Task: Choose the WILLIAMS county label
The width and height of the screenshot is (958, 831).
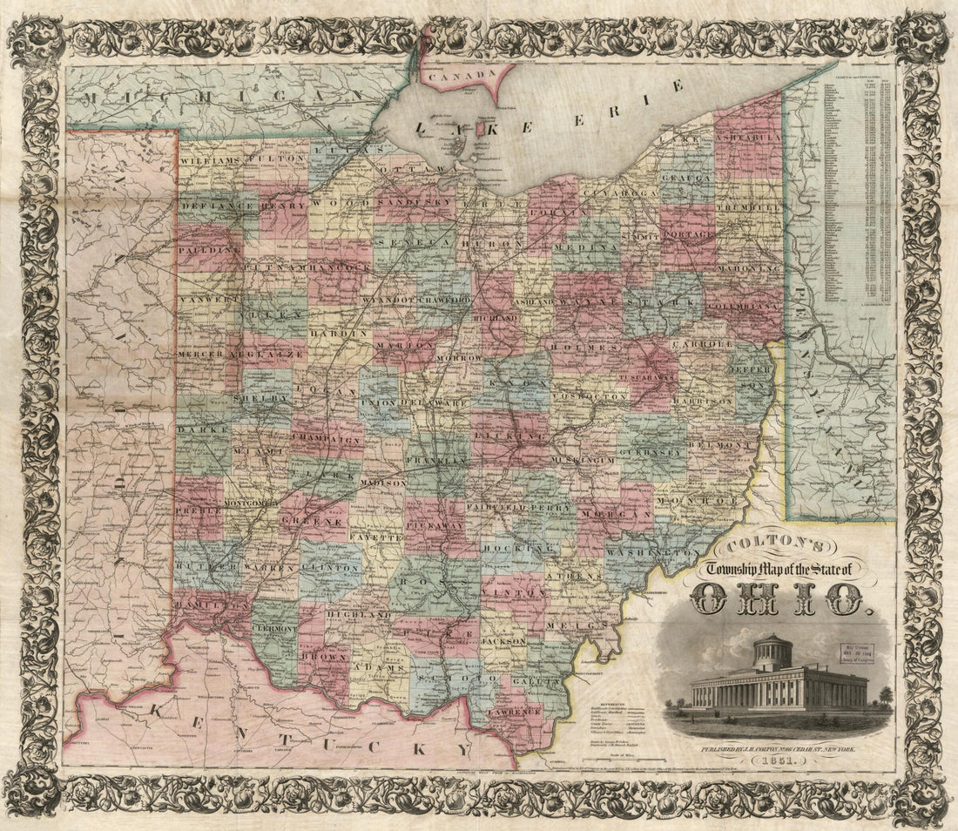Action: [210, 162]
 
